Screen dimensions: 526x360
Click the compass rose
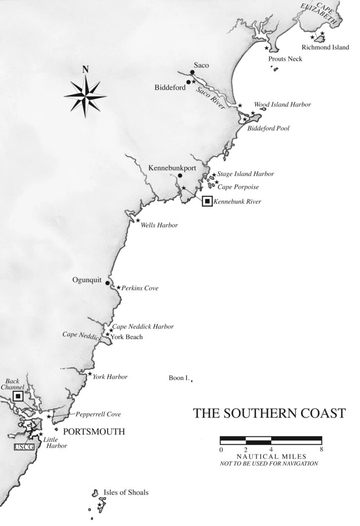(85, 94)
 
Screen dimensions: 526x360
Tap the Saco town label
(202, 65)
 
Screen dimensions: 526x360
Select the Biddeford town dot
(188, 82)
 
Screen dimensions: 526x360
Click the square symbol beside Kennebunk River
(207, 201)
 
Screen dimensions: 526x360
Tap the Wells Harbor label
(159, 225)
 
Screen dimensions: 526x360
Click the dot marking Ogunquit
(107, 283)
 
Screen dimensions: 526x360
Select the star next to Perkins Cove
(119, 287)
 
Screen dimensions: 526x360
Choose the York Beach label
(127, 337)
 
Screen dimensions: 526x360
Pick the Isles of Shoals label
(126, 492)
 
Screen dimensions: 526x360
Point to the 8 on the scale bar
(322, 449)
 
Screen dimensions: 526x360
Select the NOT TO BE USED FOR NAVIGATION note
(269, 463)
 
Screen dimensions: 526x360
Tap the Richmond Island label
(328, 48)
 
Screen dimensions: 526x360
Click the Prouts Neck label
(285, 59)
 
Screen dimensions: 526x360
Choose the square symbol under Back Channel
(18, 396)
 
